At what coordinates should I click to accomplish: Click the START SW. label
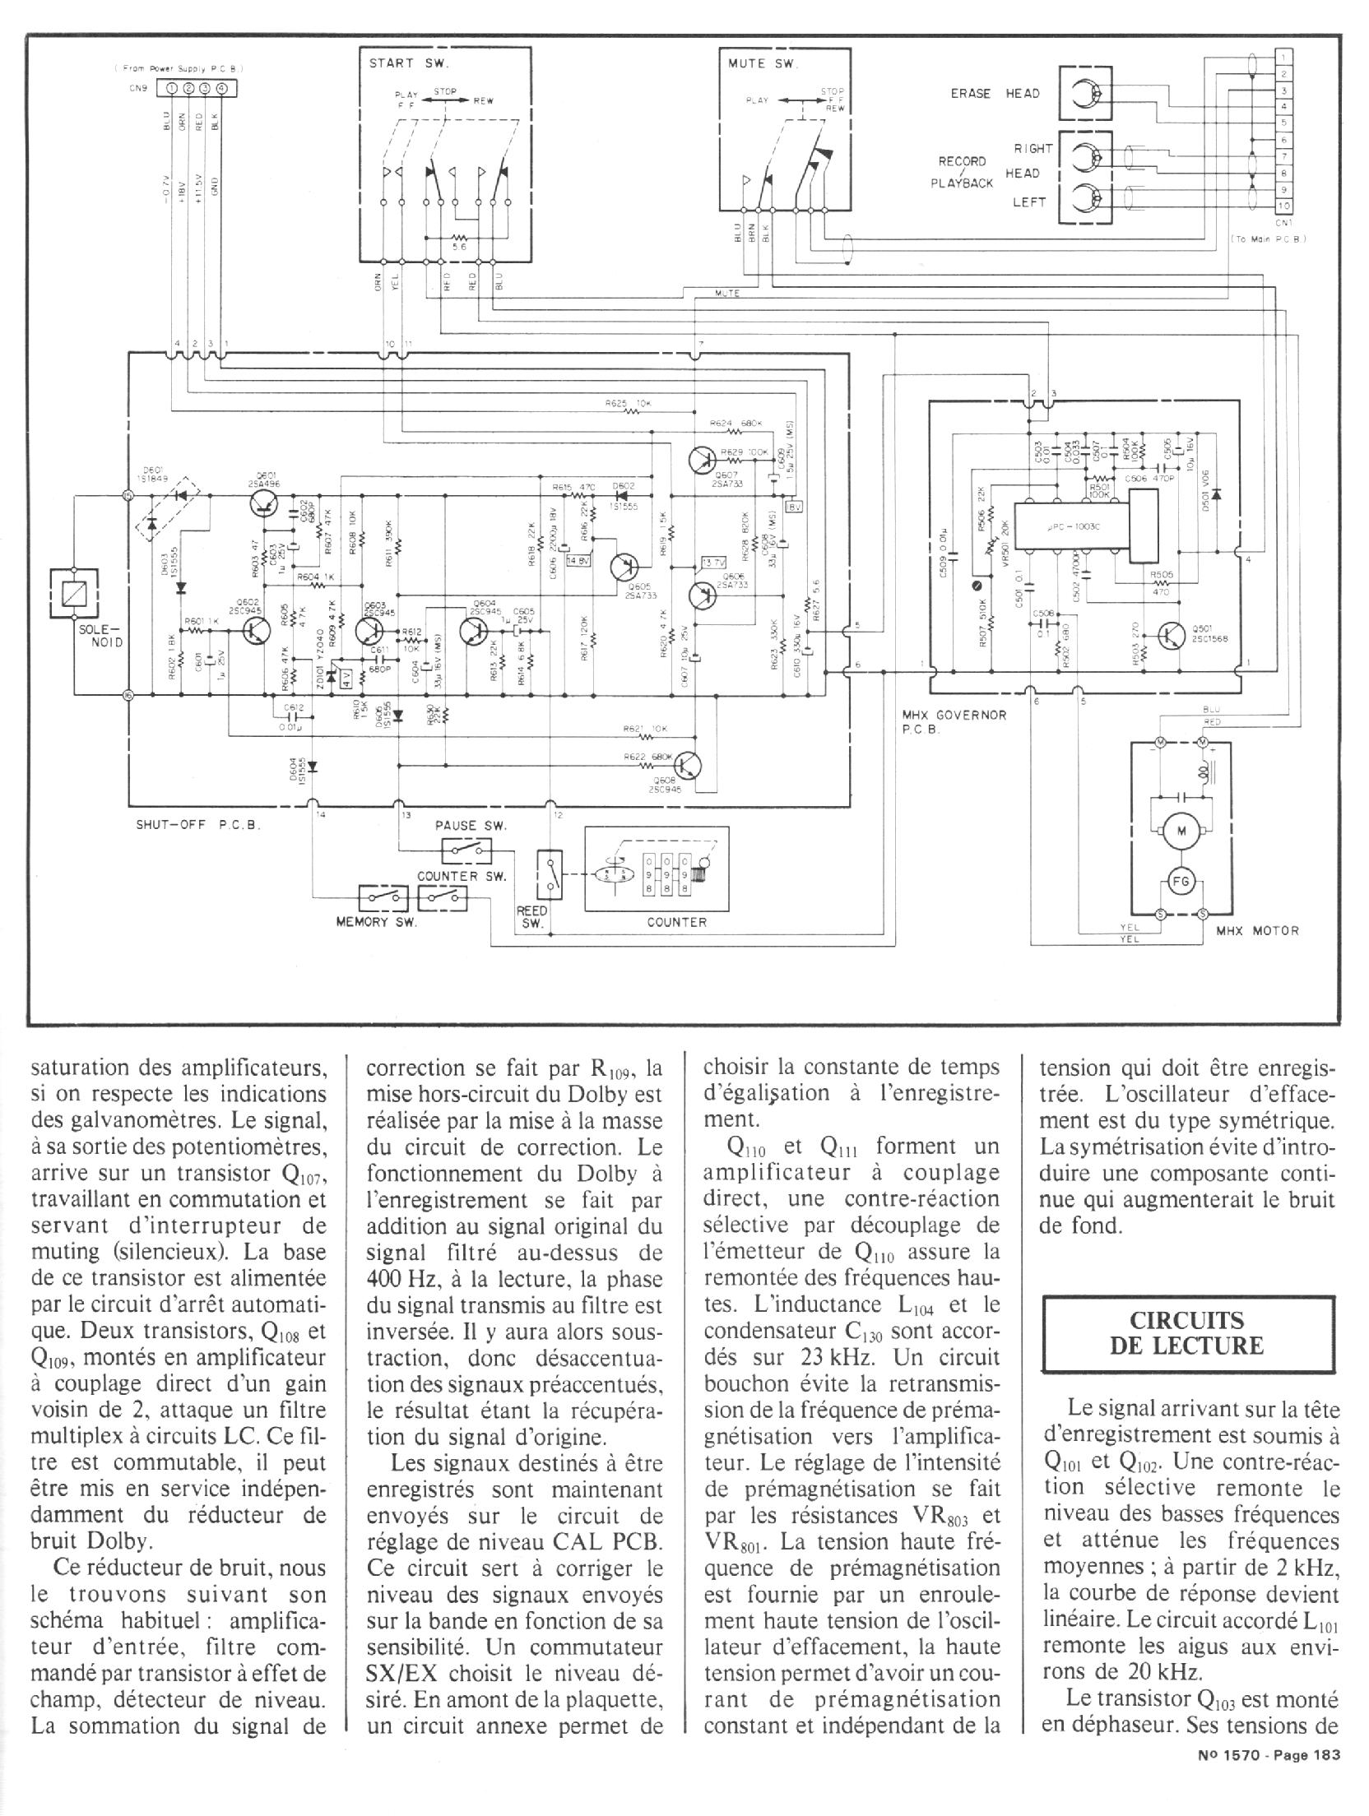click(404, 64)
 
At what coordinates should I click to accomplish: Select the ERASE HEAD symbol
click(1084, 94)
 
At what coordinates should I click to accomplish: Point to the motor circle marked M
click(1182, 832)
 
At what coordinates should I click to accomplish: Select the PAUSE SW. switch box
click(466, 848)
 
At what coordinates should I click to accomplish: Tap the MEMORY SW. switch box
click(383, 897)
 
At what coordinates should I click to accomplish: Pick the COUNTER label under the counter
click(676, 922)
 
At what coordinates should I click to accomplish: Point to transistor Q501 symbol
click(1171, 634)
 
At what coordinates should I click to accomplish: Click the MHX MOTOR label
click(1257, 930)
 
